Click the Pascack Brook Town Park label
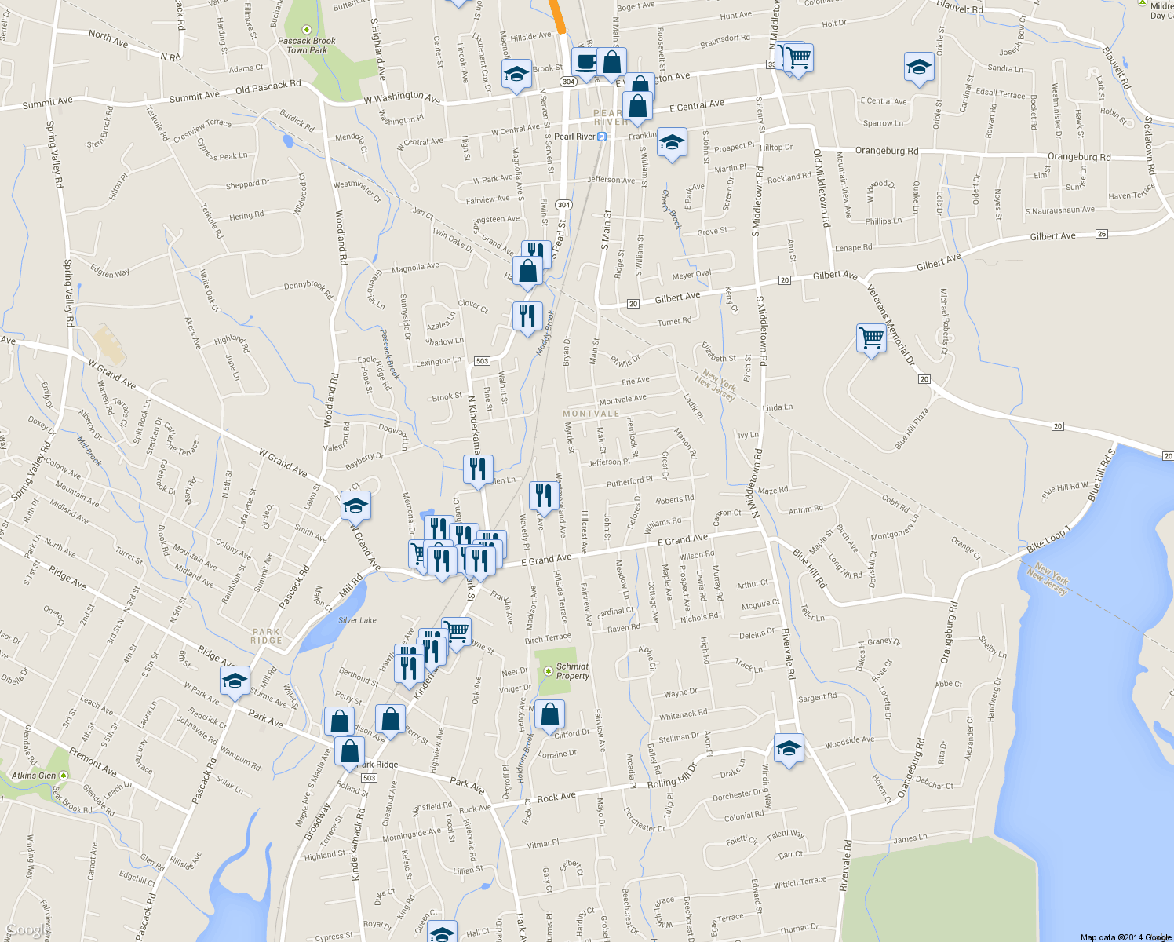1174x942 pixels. click(306, 46)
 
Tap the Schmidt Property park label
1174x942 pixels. click(572, 671)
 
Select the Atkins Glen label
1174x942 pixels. click(34, 776)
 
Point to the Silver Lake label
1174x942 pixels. click(357, 620)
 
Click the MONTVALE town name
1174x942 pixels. click(591, 414)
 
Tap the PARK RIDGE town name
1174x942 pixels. click(266, 636)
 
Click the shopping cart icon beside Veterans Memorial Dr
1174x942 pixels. click(871, 338)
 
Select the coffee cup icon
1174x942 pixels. click(585, 61)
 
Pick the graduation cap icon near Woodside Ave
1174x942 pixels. click(789, 748)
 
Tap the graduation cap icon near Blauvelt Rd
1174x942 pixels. click(918, 68)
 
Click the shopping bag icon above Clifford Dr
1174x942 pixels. click(550, 714)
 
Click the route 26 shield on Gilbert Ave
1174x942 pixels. click(1102, 234)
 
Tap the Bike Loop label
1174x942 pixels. click(1048, 539)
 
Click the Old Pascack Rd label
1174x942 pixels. click(268, 86)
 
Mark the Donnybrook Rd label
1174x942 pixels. click(308, 288)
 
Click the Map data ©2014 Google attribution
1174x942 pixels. click(1125, 937)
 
